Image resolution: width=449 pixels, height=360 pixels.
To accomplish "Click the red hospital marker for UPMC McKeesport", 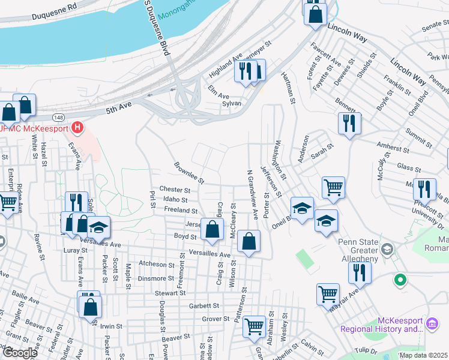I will coord(77,127).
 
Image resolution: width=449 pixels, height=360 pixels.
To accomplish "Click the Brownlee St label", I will coord(189,172).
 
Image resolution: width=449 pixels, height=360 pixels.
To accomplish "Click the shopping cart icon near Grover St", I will coord(255,326).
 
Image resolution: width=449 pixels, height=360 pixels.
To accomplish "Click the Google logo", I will coord(20,352).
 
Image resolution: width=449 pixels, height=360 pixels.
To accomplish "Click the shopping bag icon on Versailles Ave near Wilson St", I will coord(249,241).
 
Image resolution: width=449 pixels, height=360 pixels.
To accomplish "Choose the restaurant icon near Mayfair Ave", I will coord(360,273).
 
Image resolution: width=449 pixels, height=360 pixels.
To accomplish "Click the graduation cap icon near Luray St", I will coord(99,227).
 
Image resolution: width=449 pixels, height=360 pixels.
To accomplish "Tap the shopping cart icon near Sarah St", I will coord(333,187).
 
